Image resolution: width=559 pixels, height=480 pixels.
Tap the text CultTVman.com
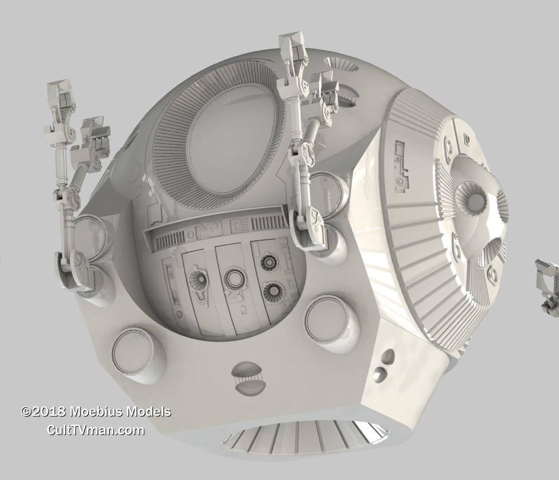[x=96, y=430]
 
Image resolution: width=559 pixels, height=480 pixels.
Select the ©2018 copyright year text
[x=44, y=412]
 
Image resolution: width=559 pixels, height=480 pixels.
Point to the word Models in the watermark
[x=149, y=412]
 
